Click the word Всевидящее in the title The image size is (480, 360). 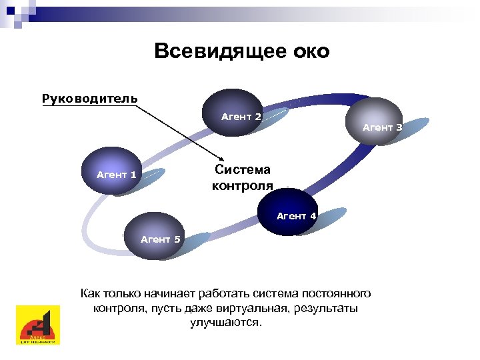click(x=212, y=51)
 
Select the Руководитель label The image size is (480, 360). click(x=89, y=99)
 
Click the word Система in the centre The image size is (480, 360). click(x=243, y=170)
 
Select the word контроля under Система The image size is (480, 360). click(x=243, y=185)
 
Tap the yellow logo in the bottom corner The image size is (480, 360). click(x=37, y=325)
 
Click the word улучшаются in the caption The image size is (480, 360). click(x=226, y=323)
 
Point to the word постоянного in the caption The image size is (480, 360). click(x=337, y=293)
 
